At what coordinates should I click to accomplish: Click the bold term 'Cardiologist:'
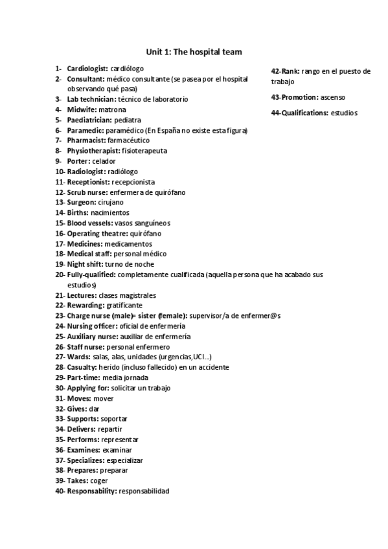pyautogui.click(x=87, y=68)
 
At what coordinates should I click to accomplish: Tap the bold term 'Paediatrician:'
pyautogui.click(x=89, y=120)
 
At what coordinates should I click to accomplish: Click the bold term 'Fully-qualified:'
pyautogui.click(x=91, y=274)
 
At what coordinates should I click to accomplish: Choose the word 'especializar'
pyautogui.click(x=122, y=460)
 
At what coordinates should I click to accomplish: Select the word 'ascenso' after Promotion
pyautogui.click(x=333, y=97)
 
